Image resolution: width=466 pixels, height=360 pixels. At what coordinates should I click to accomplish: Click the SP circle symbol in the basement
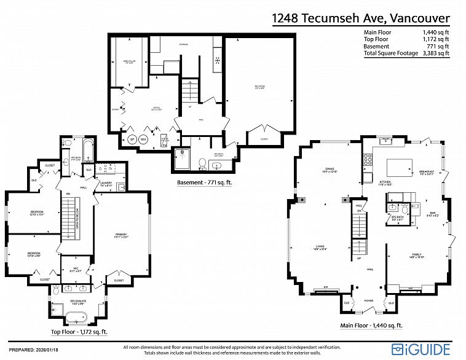[x=132, y=139]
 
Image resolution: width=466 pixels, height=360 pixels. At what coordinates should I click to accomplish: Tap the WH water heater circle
[x=143, y=139]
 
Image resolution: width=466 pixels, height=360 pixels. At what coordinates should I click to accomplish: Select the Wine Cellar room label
[x=130, y=62]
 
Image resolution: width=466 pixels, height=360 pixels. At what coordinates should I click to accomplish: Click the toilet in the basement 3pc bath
[x=202, y=163]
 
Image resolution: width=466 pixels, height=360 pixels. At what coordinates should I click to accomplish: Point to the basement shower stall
[x=183, y=158]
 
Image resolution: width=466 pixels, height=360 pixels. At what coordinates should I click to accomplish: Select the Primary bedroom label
[x=120, y=235]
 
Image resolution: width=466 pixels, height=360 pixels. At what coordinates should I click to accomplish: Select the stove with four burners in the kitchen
[x=367, y=159]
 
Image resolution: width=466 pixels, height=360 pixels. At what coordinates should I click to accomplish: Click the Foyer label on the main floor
[x=368, y=301]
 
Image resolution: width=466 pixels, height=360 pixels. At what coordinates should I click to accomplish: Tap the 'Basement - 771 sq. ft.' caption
[x=203, y=182]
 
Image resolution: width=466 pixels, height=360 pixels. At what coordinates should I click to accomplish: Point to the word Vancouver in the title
[x=417, y=18]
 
